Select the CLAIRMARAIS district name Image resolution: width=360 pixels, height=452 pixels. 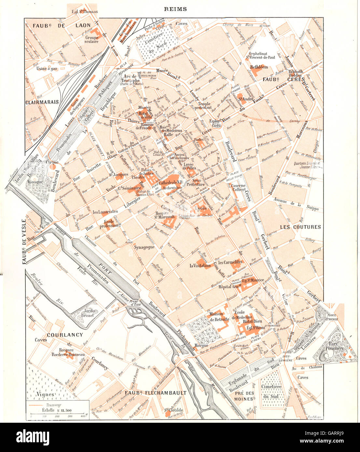[x=42, y=102]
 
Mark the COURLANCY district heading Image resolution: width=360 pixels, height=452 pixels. [x=65, y=335]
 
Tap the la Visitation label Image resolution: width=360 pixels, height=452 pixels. [x=200, y=265]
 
